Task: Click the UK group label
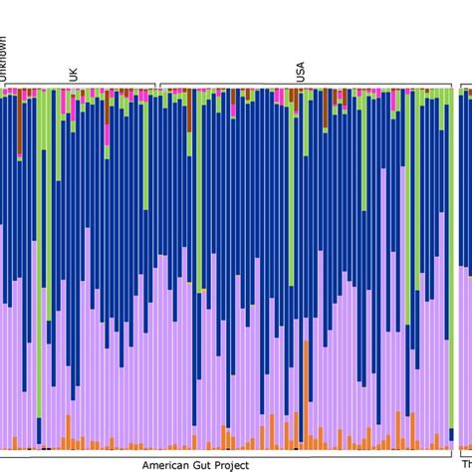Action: click(72, 74)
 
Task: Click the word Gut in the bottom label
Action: click(205, 464)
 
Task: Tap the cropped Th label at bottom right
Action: click(465, 464)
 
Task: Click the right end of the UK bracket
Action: click(155, 86)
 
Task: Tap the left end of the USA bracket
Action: click(160, 86)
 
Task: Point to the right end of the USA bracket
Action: click(453, 86)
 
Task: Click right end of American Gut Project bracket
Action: click(453, 453)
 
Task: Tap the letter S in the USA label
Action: click(301, 72)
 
